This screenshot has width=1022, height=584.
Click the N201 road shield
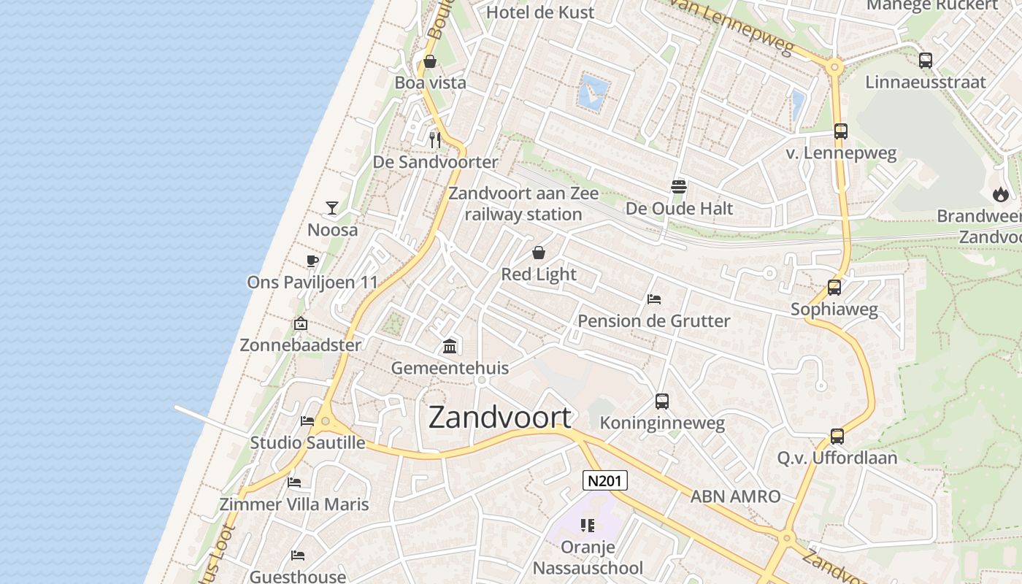(x=605, y=480)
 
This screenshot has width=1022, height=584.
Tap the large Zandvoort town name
(x=499, y=417)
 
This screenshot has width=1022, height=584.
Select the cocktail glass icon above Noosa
(x=332, y=208)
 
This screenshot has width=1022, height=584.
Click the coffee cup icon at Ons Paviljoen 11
(x=312, y=261)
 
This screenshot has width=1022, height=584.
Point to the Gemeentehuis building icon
(x=450, y=346)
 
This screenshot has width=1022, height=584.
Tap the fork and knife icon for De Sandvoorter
(x=435, y=139)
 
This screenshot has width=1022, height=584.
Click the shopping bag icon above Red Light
(x=539, y=253)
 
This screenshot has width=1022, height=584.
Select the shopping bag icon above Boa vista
(x=430, y=61)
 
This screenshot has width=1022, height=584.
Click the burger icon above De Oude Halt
(x=679, y=186)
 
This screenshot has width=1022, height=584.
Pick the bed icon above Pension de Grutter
(x=654, y=299)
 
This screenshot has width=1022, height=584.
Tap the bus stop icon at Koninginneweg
(x=662, y=401)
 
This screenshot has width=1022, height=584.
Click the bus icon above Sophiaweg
(x=834, y=288)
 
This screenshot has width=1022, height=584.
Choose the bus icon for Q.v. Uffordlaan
(x=837, y=437)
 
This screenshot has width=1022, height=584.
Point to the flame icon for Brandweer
(x=1000, y=194)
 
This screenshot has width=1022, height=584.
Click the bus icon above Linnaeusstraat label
(x=926, y=61)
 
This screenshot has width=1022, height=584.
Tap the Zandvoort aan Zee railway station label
(x=523, y=204)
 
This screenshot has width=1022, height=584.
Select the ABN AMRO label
(x=736, y=496)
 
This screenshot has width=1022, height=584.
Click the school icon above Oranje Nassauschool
(x=588, y=526)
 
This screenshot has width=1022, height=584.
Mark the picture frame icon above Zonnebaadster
(x=300, y=323)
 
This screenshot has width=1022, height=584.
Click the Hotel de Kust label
(x=540, y=12)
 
